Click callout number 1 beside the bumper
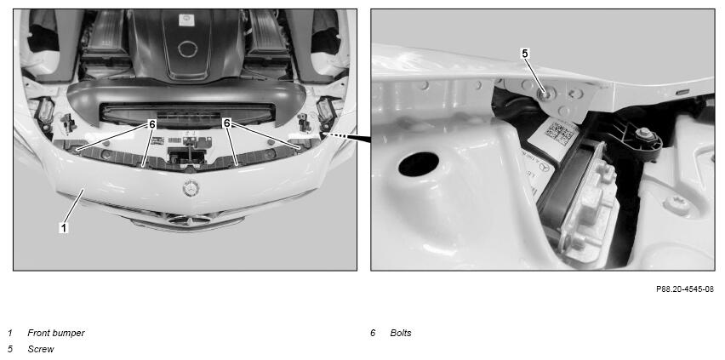(65, 227)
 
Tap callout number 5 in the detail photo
(525, 54)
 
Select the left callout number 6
(152, 123)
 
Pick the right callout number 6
(226, 123)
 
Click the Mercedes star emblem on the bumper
(191, 188)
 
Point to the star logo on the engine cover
(186, 20)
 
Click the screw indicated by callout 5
(545, 94)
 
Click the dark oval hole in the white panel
(419, 163)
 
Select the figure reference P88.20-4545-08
(685, 289)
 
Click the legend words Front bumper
(56, 333)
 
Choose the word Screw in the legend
(41, 349)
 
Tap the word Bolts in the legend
(401, 333)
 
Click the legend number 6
(373, 333)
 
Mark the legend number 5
(10, 349)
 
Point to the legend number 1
(10, 333)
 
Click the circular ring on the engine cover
(188, 49)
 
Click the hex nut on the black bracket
(644, 134)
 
